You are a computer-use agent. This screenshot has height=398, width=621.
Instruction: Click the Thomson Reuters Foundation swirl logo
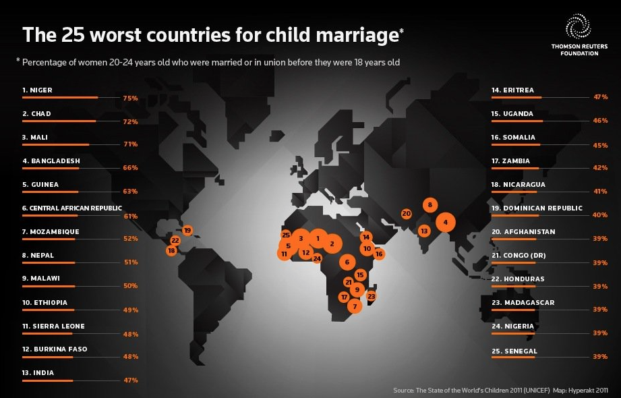(579, 26)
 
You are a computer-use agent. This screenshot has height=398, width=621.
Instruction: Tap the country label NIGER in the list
(41, 90)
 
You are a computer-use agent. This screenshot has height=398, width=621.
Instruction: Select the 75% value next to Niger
(130, 98)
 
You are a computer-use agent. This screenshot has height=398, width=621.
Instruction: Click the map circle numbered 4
(446, 223)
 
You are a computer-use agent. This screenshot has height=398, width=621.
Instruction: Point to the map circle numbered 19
(187, 230)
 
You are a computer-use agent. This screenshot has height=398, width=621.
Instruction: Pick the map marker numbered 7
(355, 306)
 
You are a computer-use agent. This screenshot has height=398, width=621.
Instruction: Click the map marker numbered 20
(407, 214)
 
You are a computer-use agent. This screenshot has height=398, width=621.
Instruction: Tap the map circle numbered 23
(371, 296)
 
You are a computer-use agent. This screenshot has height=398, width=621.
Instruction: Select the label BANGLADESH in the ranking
(55, 161)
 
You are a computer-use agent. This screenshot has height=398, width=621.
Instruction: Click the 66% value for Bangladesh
(130, 168)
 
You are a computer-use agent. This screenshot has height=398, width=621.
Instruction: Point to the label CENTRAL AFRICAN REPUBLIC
(76, 208)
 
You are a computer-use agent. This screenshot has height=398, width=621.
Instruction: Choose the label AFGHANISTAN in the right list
(529, 231)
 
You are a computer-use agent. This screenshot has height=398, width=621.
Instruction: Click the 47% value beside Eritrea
(600, 96)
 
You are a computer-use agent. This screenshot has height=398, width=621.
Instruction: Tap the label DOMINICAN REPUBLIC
(543, 208)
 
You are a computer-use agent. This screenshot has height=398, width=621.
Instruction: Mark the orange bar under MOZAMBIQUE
(49, 239)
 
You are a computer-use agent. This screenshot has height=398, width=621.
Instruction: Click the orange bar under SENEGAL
(513, 357)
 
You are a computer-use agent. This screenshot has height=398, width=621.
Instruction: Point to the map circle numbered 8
(430, 205)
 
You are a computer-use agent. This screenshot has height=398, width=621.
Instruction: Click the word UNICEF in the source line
(537, 391)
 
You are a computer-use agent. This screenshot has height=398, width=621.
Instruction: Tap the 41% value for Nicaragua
(600, 191)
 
